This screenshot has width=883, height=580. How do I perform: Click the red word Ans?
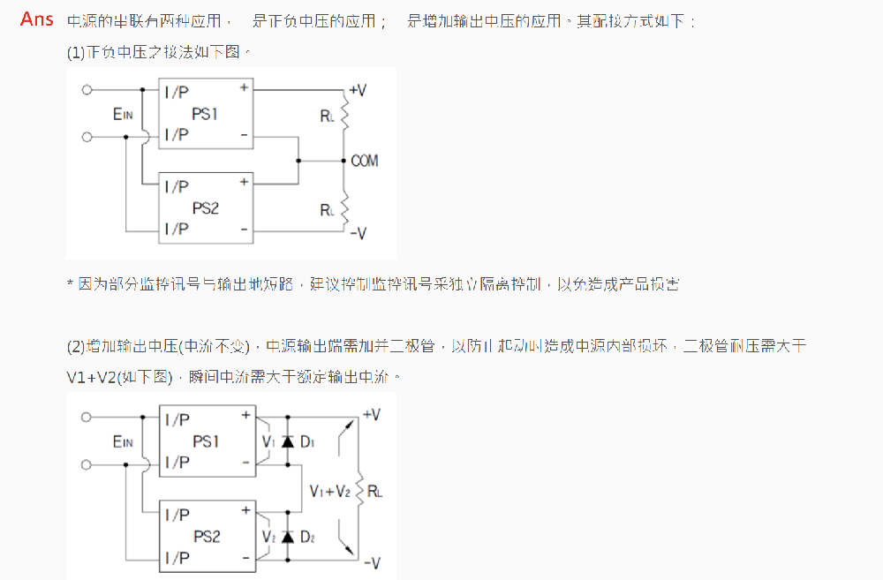(x=37, y=19)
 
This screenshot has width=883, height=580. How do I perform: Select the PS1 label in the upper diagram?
(x=205, y=114)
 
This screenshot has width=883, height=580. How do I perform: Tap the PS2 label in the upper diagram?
(x=205, y=208)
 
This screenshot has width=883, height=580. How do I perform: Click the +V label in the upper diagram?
(x=358, y=90)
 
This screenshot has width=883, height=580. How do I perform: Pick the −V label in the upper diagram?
(x=358, y=233)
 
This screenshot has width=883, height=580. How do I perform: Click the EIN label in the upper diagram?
(x=122, y=114)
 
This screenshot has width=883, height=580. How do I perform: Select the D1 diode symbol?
(x=287, y=441)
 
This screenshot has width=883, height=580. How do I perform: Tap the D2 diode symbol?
(x=287, y=536)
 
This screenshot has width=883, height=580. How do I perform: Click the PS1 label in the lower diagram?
(x=205, y=441)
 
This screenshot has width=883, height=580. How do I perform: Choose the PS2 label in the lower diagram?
(x=205, y=537)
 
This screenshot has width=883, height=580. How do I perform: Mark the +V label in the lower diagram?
(x=371, y=415)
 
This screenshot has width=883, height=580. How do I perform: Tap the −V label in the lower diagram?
(x=371, y=561)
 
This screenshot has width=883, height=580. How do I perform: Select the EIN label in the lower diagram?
(x=122, y=441)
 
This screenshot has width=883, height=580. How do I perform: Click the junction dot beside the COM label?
(x=344, y=161)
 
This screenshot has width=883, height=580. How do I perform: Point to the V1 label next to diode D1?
(x=268, y=441)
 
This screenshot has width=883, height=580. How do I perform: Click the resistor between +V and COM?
(x=345, y=114)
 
